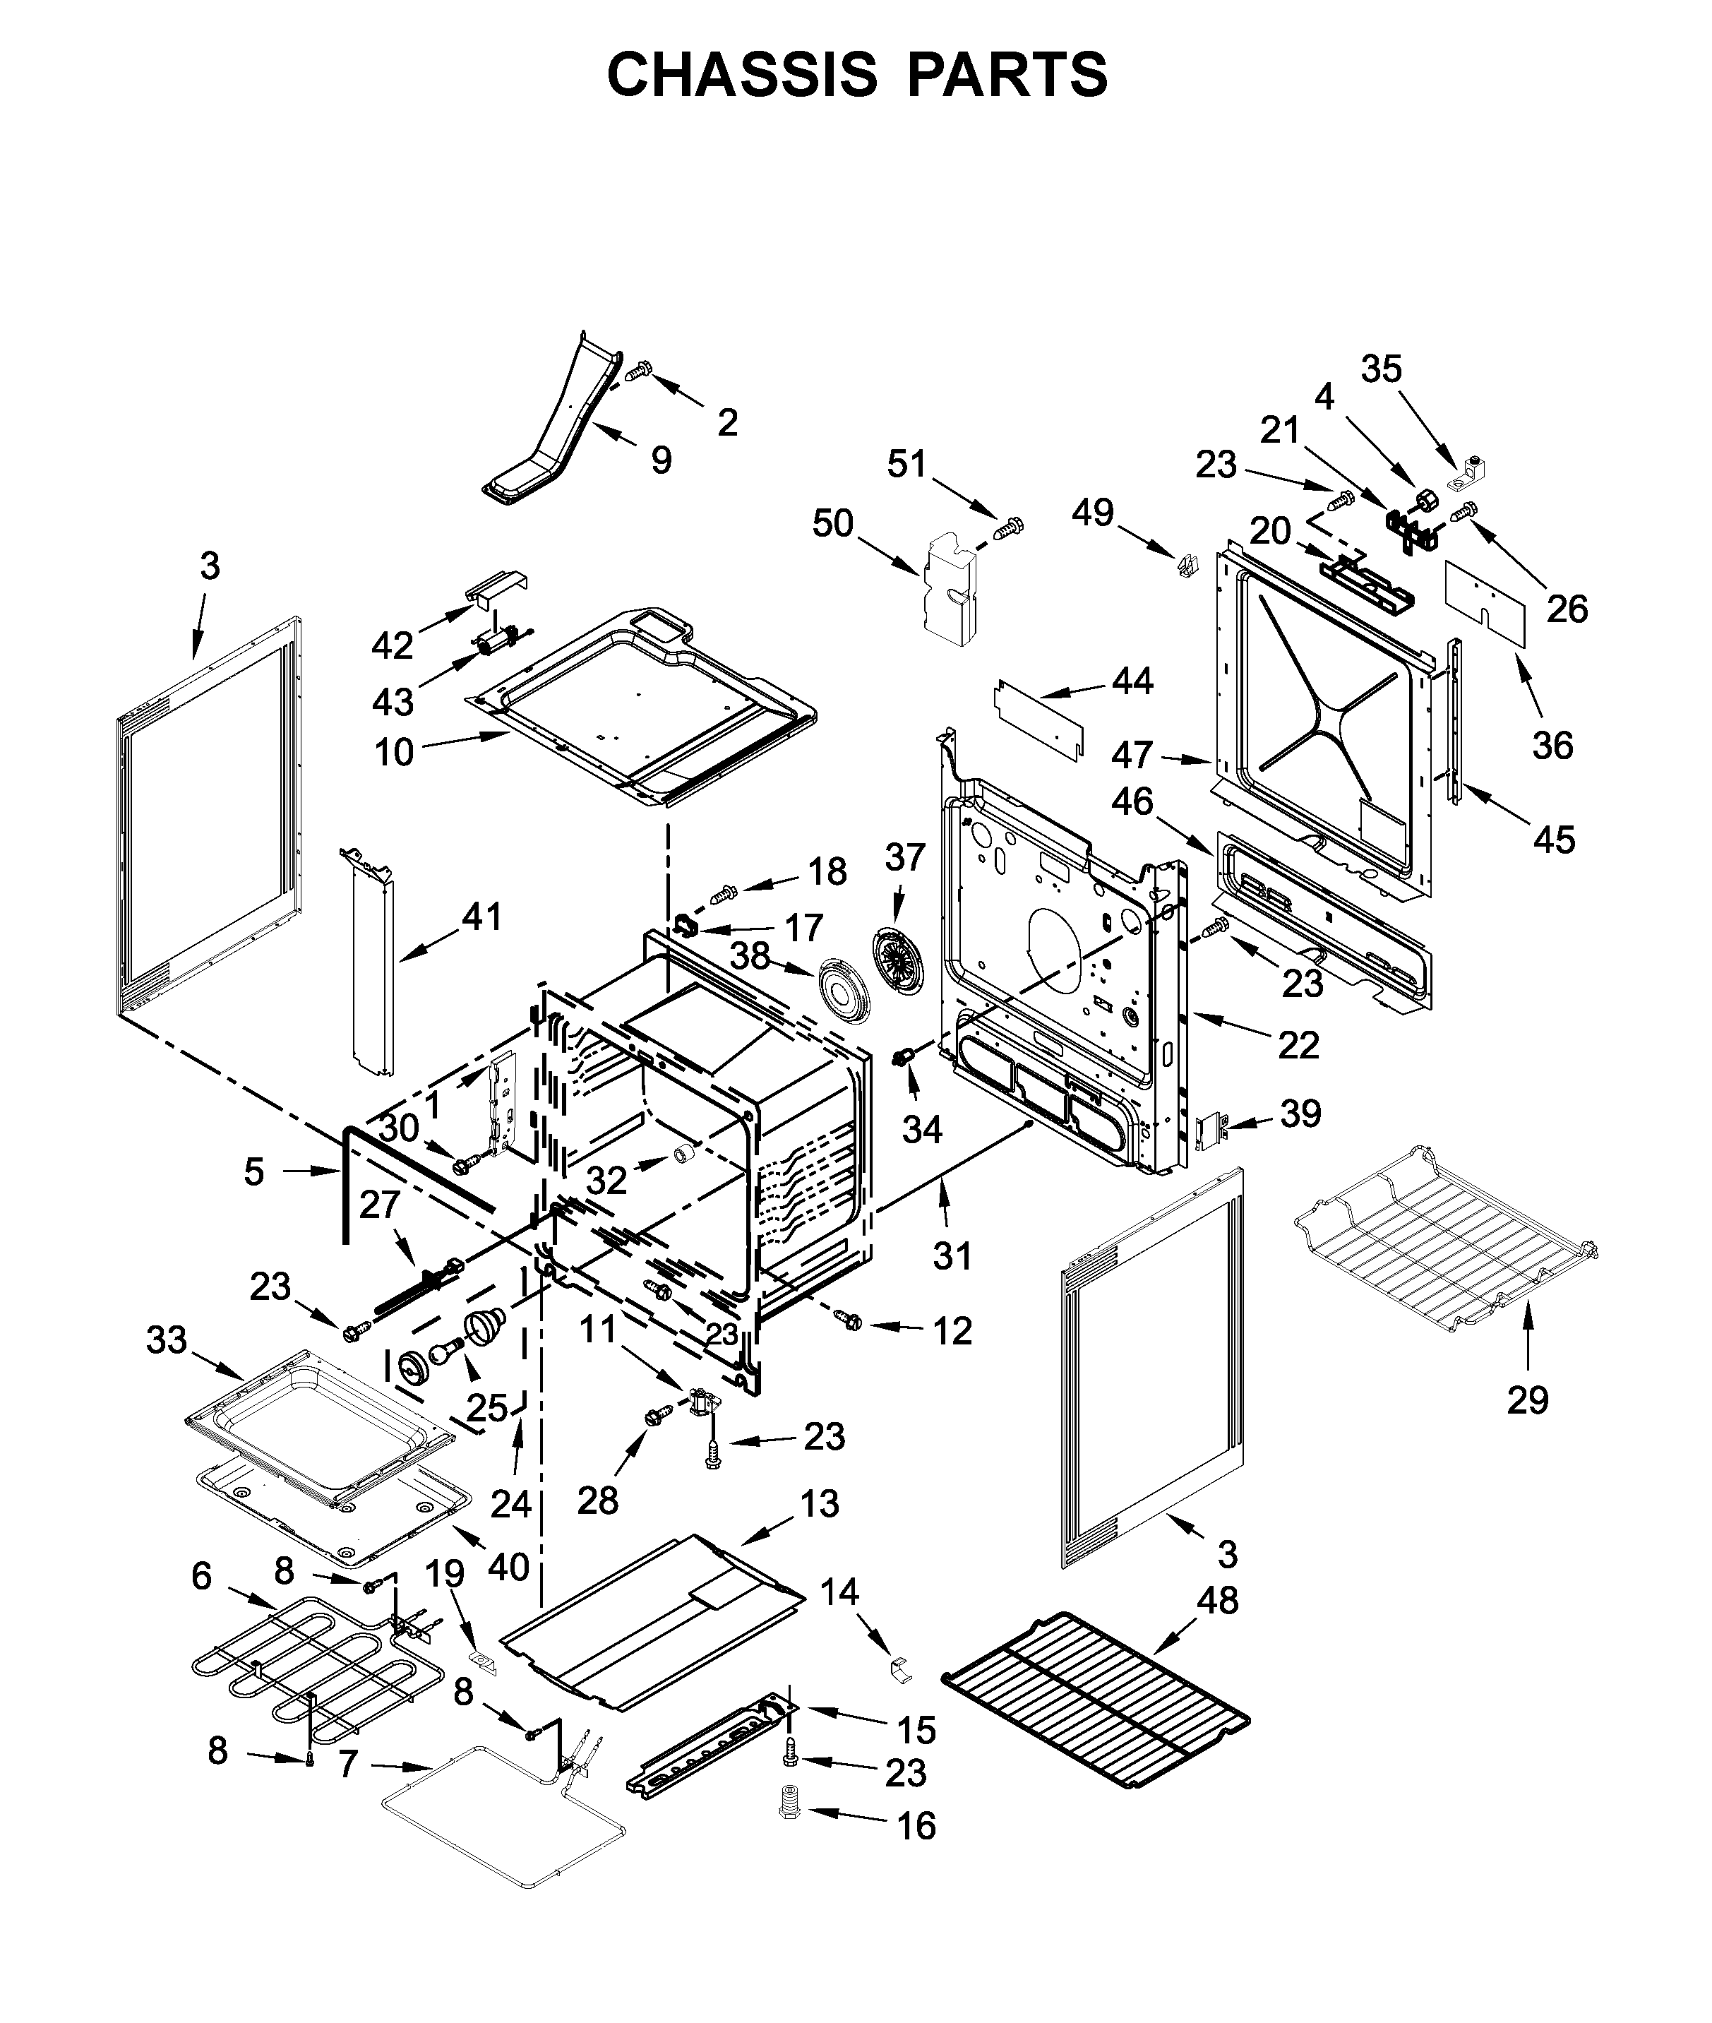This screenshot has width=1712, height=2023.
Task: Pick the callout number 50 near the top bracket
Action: [x=833, y=523]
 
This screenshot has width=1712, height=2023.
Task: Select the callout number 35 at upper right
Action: [x=1381, y=369]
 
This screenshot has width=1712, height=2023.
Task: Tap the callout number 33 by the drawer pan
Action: [x=166, y=1341]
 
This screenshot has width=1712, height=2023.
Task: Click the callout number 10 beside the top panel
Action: [x=394, y=751]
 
